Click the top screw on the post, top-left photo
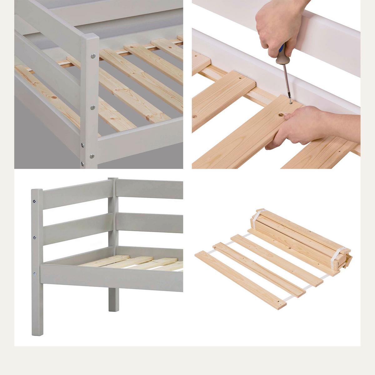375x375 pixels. click(x=93, y=56)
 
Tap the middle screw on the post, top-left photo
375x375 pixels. click(x=92, y=107)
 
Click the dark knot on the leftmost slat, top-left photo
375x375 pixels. click(x=54, y=97)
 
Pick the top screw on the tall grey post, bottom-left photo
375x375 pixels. click(x=34, y=202)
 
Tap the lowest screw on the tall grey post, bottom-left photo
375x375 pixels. click(x=35, y=274)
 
